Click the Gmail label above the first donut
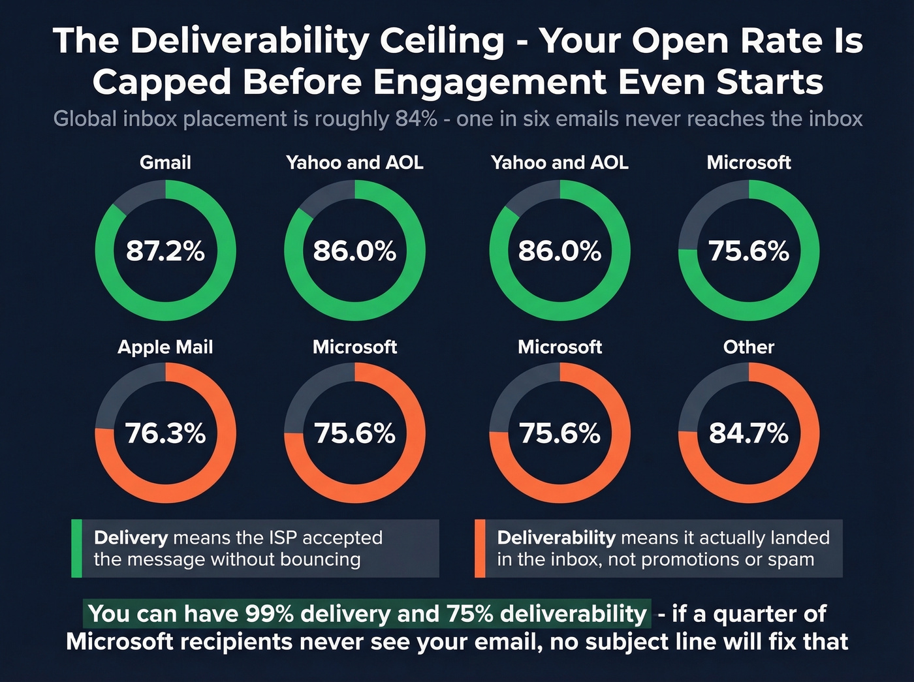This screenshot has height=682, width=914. (165, 163)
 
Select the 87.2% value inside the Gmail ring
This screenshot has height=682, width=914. (165, 251)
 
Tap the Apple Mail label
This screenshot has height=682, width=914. (165, 347)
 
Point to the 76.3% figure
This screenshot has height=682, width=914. (165, 433)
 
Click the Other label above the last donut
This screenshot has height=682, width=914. (748, 347)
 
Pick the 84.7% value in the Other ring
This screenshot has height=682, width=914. (749, 433)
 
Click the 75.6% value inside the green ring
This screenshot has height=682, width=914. (749, 251)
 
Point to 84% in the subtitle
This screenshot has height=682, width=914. (416, 119)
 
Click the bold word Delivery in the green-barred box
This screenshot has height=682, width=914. (131, 538)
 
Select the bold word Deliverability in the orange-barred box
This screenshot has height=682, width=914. (556, 538)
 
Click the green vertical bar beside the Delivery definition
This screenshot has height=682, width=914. (76, 548)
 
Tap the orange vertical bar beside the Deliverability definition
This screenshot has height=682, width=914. (480, 548)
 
